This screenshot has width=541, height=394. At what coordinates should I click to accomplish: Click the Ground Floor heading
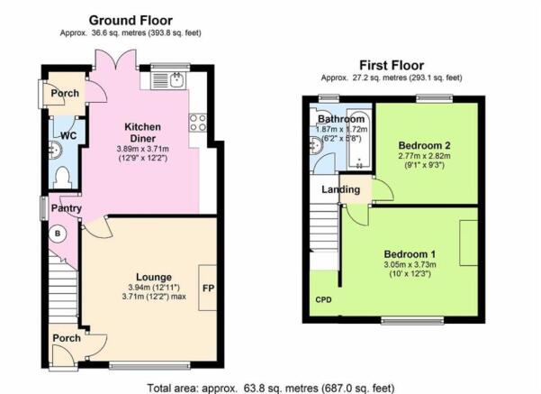pyautogui.click(x=131, y=21)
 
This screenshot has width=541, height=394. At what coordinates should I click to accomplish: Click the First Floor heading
pyautogui.click(x=392, y=65)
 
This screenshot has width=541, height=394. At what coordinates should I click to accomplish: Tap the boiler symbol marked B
pyautogui.click(x=58, y=234)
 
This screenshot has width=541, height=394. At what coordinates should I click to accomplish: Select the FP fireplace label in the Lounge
pyautogui.click(x=209, y=288)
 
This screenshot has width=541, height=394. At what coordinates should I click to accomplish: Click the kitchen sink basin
pyautogui.click(x=177, y=80)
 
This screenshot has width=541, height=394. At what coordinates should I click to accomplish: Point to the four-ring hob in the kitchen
pyautogui.click(x=198, y=123)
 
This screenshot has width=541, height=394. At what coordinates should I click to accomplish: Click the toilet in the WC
pyautogui.click(x=63, y=178)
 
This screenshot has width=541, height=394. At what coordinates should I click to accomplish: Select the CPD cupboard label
pyautogui.click(x=324, y=299)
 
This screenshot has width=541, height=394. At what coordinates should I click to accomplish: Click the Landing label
pyautogui.click(x=340, y=189)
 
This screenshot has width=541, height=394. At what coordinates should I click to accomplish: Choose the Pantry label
pyautogui.click(x=67, y=208)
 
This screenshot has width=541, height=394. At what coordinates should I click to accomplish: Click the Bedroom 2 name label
pyautogui.click(x=424, y=145)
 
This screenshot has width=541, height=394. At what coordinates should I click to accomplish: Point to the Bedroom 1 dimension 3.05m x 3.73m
pyautogui.click(x=410, y=265)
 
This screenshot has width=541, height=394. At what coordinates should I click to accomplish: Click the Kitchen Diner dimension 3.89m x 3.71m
pyautogui.click(x=142, y=149)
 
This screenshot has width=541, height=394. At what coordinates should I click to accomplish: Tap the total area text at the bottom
pyautogui.click(x=271, y=388)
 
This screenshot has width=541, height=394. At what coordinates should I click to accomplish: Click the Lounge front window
pyautogui.click(x=149, y=365)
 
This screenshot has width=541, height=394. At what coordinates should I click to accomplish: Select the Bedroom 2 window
pyautogui.click(x=435, y=98)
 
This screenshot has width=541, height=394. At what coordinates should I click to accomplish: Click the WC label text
pyautogui.click(x=68, y=135)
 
